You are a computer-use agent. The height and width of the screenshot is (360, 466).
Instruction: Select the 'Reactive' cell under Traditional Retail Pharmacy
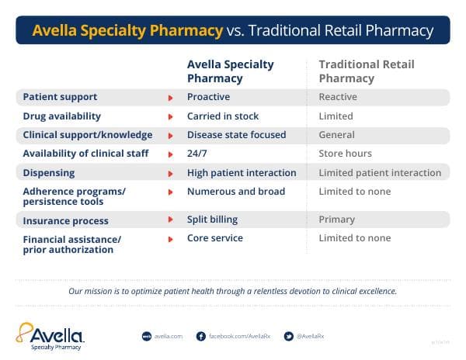click(338, 97)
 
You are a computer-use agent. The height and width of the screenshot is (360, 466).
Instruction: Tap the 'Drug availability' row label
click(62, 116)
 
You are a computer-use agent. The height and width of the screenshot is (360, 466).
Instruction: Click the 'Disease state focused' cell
click(237, 135)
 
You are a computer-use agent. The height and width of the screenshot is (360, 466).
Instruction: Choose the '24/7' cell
click(197, 154)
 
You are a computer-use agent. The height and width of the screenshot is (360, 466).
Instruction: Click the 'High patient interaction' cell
click(242, 172)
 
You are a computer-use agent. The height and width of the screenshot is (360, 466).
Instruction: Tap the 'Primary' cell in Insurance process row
click(337, 220)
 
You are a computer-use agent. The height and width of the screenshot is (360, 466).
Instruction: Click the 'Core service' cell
click(215, 238)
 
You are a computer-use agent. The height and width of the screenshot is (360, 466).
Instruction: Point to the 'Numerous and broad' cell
click(236, 191)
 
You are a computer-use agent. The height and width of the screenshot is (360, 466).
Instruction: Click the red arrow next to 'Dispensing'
click(170, 173)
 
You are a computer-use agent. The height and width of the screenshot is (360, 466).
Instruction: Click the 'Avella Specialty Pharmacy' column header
click(231, 71)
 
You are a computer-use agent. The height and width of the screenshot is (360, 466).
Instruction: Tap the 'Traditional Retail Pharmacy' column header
click(367, 71)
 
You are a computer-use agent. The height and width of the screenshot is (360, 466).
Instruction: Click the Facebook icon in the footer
click(200, 336)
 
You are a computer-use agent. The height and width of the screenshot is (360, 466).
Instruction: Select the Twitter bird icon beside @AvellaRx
click(289, 336)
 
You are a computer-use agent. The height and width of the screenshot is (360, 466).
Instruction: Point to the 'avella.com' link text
click(169, 336)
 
